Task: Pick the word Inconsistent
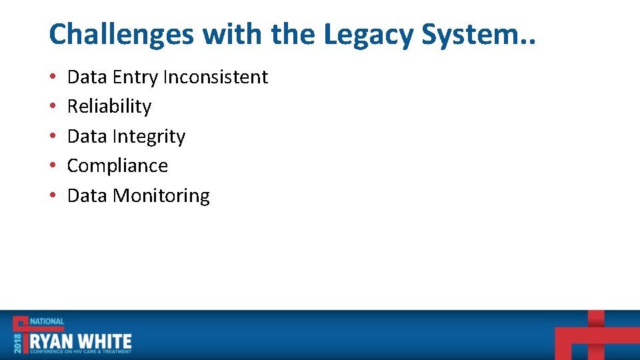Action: pyautogui.click(x=215, y=77)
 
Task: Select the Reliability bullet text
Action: pyautogui.click(x=109, y=107)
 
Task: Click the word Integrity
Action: pyautogui.click(x=149, y=137)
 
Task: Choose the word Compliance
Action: pyautogui.click(x=117, y=166)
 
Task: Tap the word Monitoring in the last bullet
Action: pyautogui.click(x=161, y=196)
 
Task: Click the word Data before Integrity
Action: pyautogui.click(x=87, y=137)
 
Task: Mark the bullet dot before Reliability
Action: pyautogui.click(x=52, y=107)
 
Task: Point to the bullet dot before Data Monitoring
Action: pyautogui.click(x=52, y=196)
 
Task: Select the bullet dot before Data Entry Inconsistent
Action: pyautogui.click(x=52, y=78)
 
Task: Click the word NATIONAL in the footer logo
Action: pyautogui.click(x=46, y=321)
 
